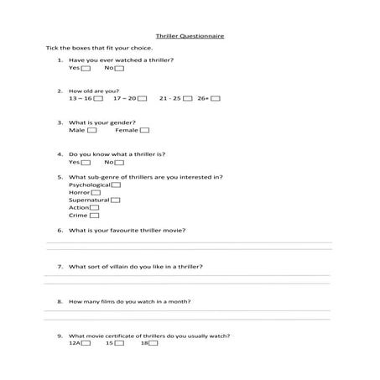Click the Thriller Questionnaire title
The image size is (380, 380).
point(190,37)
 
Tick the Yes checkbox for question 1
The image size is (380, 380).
point(86,68)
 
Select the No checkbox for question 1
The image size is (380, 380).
point(120,68)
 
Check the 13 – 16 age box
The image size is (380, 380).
point(98,98)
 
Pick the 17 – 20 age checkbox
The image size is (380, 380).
point(142,98)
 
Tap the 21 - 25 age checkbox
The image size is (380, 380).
point(187,98)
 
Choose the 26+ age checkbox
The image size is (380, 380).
point(216,98)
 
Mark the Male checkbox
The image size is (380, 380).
point(91,130)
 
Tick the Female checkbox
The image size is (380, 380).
point(144,130)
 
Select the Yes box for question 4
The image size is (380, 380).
point(86,162)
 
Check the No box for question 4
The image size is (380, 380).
point(120,162)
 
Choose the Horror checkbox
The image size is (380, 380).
point(96,192)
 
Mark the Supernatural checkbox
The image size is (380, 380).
point(115,200)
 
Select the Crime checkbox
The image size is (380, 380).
point(94,215)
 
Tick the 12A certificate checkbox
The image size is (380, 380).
point(85,343)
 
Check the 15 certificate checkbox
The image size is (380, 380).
point(118,343)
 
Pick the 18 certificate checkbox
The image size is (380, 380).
point(154,343)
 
